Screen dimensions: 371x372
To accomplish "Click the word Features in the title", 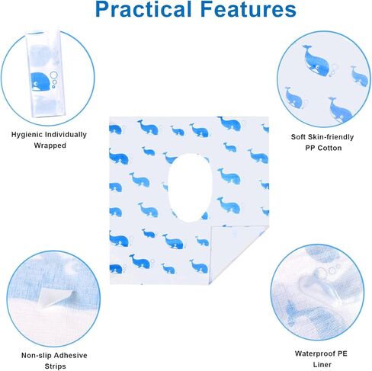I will click(243, 10).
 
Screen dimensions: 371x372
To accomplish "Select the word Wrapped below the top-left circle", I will click(49, 145).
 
